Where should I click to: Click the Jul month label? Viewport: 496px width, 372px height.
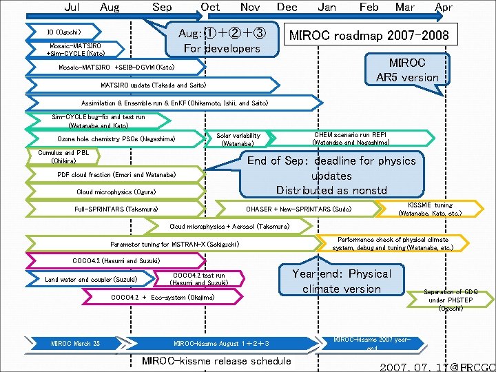71,8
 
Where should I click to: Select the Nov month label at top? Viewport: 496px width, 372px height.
250,8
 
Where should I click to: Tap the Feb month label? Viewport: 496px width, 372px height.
369,8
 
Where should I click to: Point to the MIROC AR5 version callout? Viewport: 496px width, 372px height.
407,70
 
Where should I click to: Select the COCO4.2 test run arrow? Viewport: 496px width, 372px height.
199,279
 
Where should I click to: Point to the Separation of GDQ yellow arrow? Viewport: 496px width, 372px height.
451,300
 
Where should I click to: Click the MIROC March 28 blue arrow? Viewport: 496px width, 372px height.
76,343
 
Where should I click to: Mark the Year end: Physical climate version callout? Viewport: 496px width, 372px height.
341,281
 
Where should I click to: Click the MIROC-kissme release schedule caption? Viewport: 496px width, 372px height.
216,361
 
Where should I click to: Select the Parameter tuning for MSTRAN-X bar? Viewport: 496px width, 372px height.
175,244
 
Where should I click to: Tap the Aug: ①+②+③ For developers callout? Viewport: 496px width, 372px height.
219,40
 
